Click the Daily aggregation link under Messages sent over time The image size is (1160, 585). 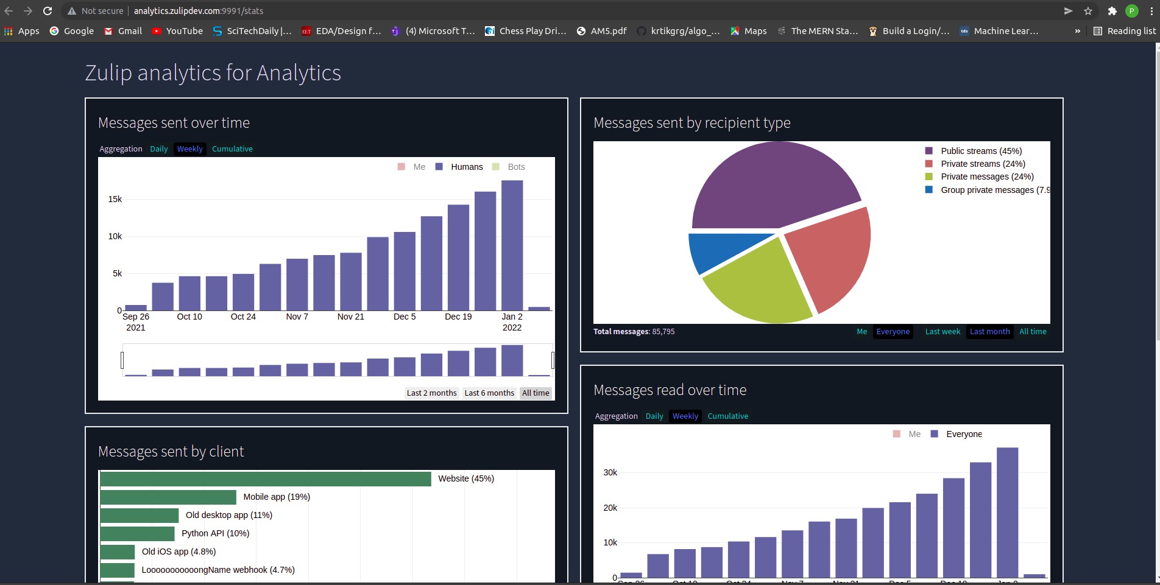[x=158, y=149]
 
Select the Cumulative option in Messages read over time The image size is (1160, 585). [x=727, y=416]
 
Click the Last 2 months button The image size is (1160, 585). [x=431, y=393]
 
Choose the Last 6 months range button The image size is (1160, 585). [x=489, y=393]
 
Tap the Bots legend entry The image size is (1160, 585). [x=515, y=167]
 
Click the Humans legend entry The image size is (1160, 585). [x=466, y=167]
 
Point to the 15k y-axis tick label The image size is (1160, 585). [x=115, y=199]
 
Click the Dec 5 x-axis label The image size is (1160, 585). [x=405, y=317]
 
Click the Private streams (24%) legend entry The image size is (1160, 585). [x=982, y=164]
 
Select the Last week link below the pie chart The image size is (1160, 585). [x=942, y=332]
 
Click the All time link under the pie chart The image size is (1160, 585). [x=1033, y=332]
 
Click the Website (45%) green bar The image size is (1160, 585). [x=265, y=479]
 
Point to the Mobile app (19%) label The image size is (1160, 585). [x=277, y=497]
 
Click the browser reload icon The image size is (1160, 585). [x=48, y=11]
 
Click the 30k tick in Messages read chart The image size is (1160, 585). [x=610, y=472]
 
